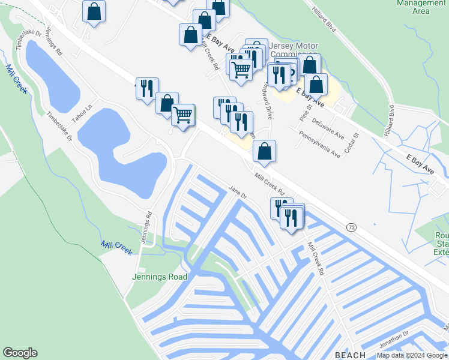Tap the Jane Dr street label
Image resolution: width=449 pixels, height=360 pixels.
point(238,192)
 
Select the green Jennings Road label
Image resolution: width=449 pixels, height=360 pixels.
point(160,277)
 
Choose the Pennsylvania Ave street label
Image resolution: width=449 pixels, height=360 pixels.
point(319,145)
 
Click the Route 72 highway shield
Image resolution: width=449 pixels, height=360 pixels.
point(352,227)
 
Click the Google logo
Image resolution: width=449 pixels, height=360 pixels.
point(20,353)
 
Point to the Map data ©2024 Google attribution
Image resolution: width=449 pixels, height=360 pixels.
point(412,355)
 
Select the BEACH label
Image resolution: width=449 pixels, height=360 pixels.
point(350,355)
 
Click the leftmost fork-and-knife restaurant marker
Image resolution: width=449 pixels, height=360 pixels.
point(146,88)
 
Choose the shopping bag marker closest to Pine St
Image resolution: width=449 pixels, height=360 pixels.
point(315,85)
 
